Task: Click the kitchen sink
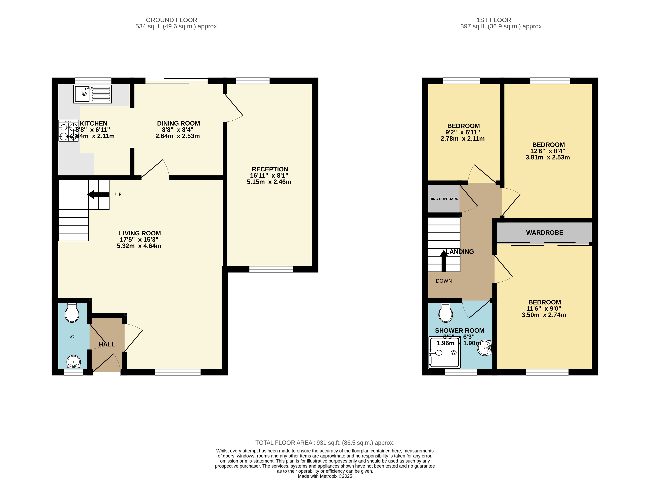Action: [x=92, y=94]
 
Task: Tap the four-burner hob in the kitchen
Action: [x=68, y=130]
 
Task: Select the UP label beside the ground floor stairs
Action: [x=118, y=194]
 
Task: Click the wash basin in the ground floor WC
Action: [x=74, y=362]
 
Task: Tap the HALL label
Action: [x=107, y=345]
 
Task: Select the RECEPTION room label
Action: [x=270, y=169]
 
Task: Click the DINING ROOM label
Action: [x=178, y=124]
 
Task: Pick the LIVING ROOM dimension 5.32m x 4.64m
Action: [x=139, y=246]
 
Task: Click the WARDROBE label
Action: [x=544, y=232]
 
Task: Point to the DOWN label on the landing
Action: [x=444, y=281]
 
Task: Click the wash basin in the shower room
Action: [x=484, y=348]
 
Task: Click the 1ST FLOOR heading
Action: [x=494, y=20]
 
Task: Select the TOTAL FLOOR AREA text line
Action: [x=325, y=443]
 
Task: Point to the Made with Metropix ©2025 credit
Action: [x=325, y=476]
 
